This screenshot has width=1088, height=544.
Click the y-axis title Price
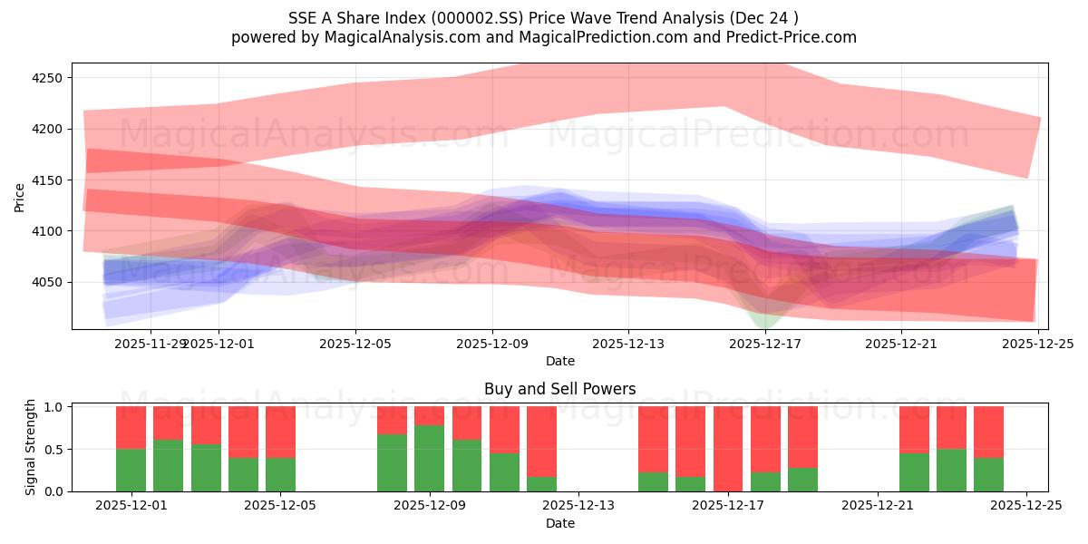(20, 197)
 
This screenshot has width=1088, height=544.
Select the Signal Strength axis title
(31, 447)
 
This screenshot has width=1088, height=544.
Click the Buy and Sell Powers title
(559, 389)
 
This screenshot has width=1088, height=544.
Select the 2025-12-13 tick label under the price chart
(628, 344)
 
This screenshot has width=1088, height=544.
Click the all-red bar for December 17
(728, 449)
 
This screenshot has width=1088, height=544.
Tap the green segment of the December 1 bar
(131, 470)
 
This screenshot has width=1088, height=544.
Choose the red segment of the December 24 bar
(988, 432)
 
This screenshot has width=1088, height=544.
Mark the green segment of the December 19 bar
(802, 480)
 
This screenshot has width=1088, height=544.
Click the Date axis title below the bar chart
(559, 523)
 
